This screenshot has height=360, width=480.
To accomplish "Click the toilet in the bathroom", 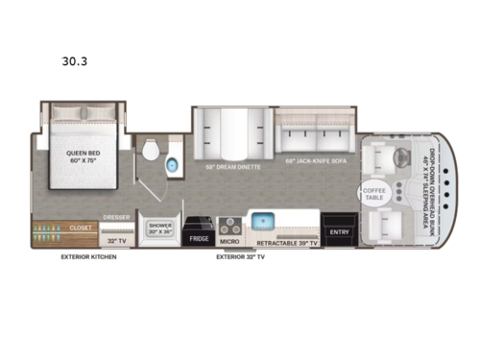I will tap(150, 153).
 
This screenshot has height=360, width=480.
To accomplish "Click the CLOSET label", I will tap(81, 228).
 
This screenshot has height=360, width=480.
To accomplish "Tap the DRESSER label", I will tap(117, 219).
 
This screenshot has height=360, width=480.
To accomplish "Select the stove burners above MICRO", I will tap(230, 223).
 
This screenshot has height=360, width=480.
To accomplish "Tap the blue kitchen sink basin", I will tap(264, 220).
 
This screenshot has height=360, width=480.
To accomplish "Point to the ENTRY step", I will tap(339, 230).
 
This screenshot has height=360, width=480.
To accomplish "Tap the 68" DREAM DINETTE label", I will tap(230, 164).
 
